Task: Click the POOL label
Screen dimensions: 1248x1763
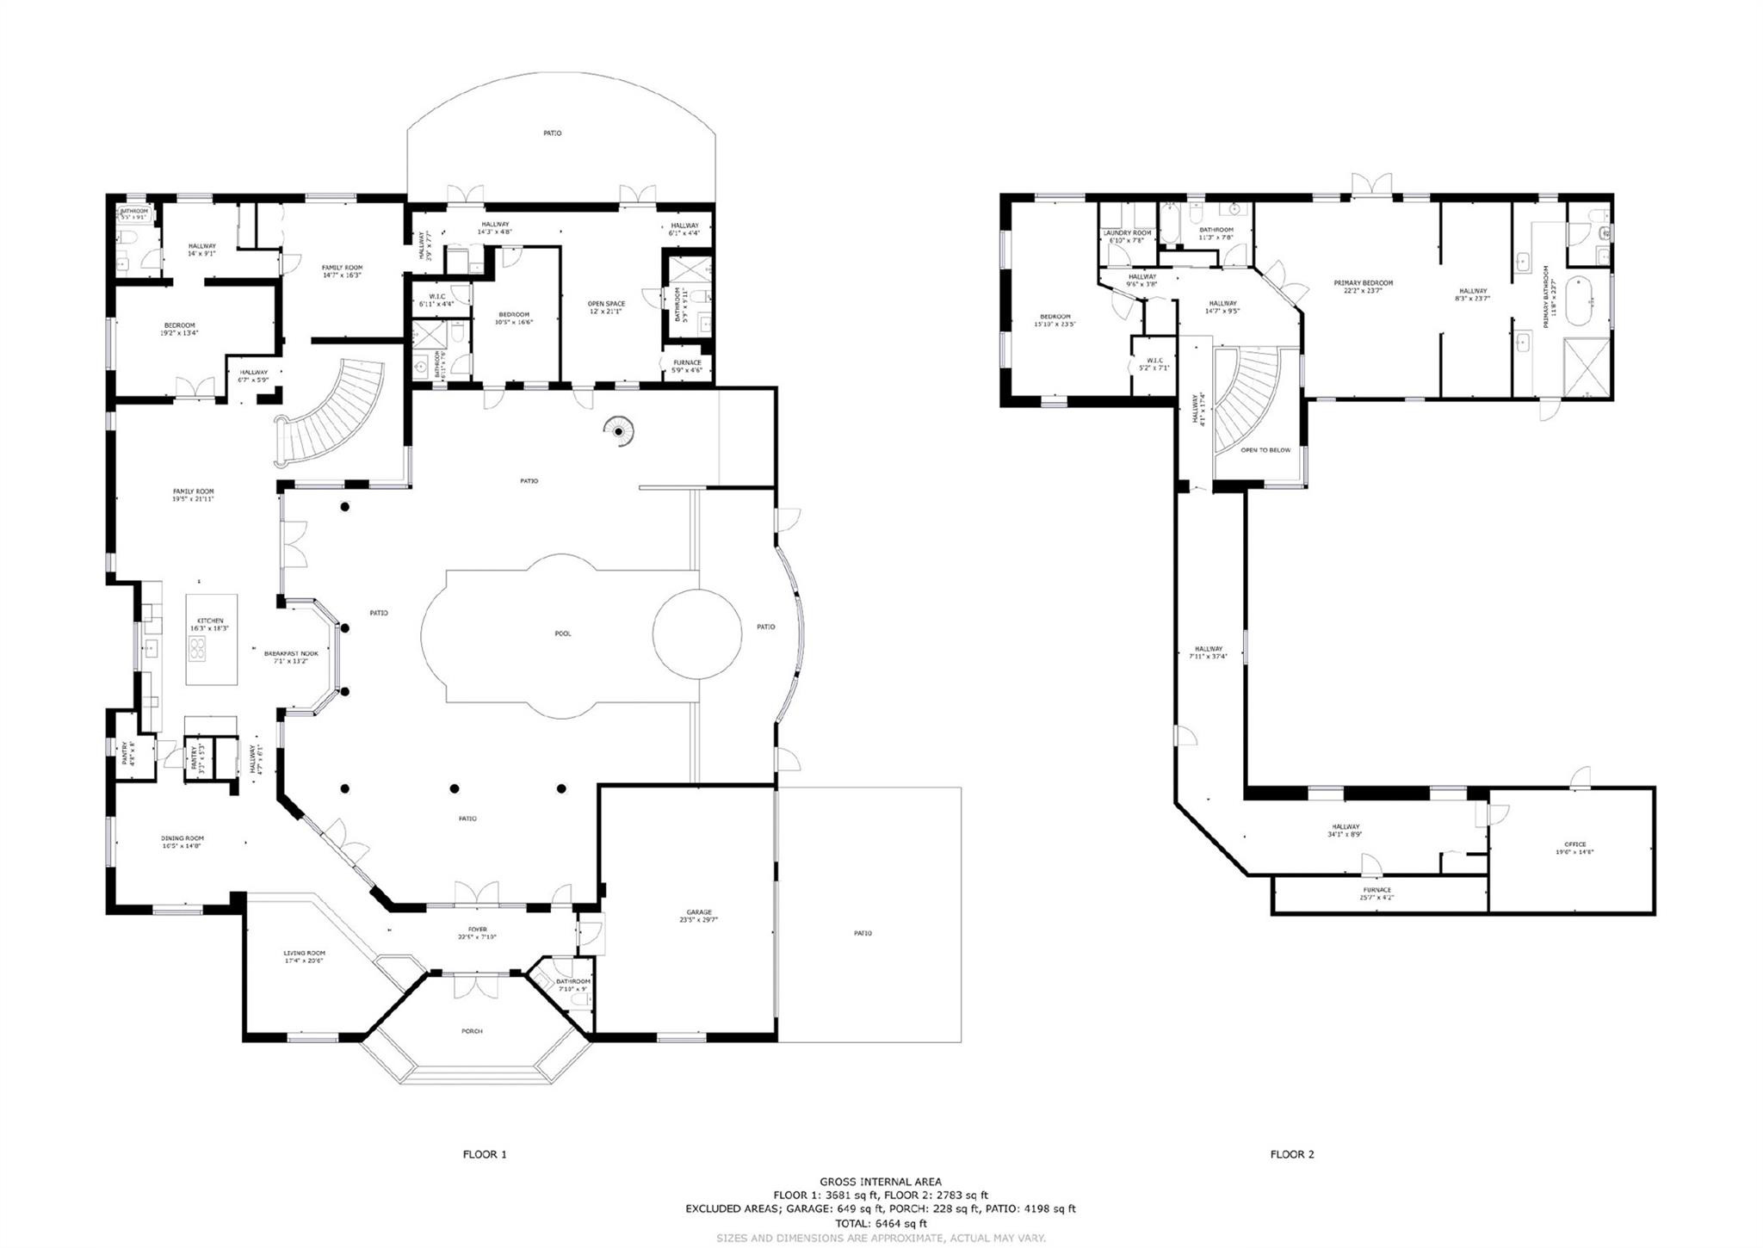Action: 562,633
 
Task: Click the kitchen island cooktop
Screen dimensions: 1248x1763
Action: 198,650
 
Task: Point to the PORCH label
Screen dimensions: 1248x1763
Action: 472,1030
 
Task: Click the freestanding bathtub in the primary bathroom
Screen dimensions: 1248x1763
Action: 1580,300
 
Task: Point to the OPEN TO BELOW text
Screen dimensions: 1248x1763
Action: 1265,450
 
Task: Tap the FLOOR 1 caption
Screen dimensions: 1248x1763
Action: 485,1154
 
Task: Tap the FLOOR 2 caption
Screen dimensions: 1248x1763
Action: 1292,1154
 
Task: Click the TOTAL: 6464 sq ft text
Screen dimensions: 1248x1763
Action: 881,1222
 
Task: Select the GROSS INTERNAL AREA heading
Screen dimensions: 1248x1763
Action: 881,1182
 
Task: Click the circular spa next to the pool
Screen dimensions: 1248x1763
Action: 697,633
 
